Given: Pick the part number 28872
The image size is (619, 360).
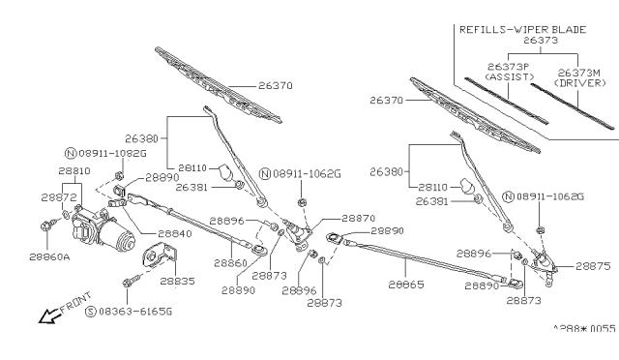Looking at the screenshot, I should pyautogui.click(x=59, y=196).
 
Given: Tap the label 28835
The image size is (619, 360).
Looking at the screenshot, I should pyautogui.click(x=177, y=281).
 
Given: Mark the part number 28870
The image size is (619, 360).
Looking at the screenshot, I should pyautogui.click(x=357, y=219).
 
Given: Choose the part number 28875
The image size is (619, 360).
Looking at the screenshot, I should pyautogui.click(x=594, y=265).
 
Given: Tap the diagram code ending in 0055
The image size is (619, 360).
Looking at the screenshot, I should pyautogui.click(x=583, y=328).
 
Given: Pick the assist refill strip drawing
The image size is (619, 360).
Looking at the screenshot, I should pyautogui.click(x=504, y=101).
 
